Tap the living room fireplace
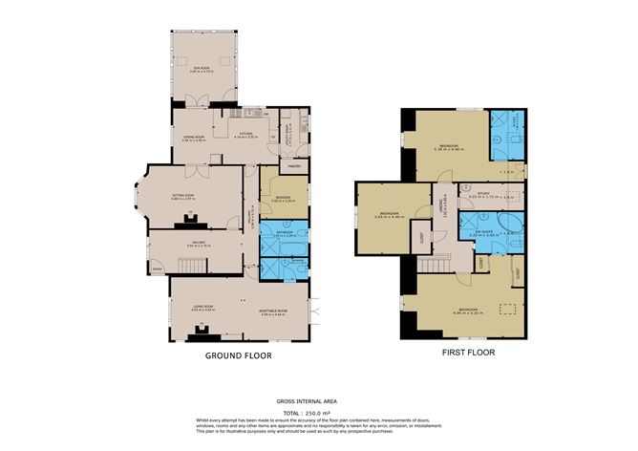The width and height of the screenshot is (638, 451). coord(202,332)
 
